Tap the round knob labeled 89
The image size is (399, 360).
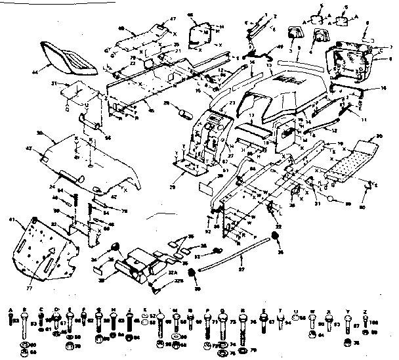click(x=333, y=198)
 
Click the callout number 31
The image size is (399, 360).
click(x=56, y=83)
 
